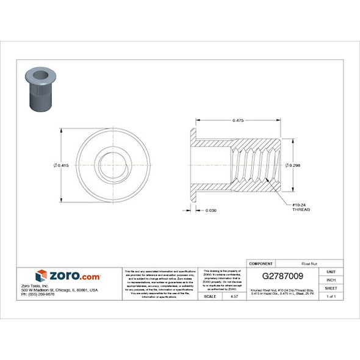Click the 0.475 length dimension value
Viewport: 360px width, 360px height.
pos(238,121)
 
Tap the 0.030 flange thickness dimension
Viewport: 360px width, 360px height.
pos(210,210)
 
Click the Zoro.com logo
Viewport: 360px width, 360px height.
pos(68,276)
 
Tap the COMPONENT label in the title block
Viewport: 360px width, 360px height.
pos(261,263)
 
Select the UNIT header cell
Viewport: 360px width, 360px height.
pos(331,272)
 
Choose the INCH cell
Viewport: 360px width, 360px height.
pos(331,279)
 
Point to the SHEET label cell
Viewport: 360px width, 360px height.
pos(331,288)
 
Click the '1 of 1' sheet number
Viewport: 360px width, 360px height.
pos(331,296)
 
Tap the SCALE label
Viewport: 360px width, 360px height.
pos(210,296)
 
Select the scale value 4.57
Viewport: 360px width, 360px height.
pos(233,296)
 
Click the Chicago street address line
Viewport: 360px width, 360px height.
pos(68,290)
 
